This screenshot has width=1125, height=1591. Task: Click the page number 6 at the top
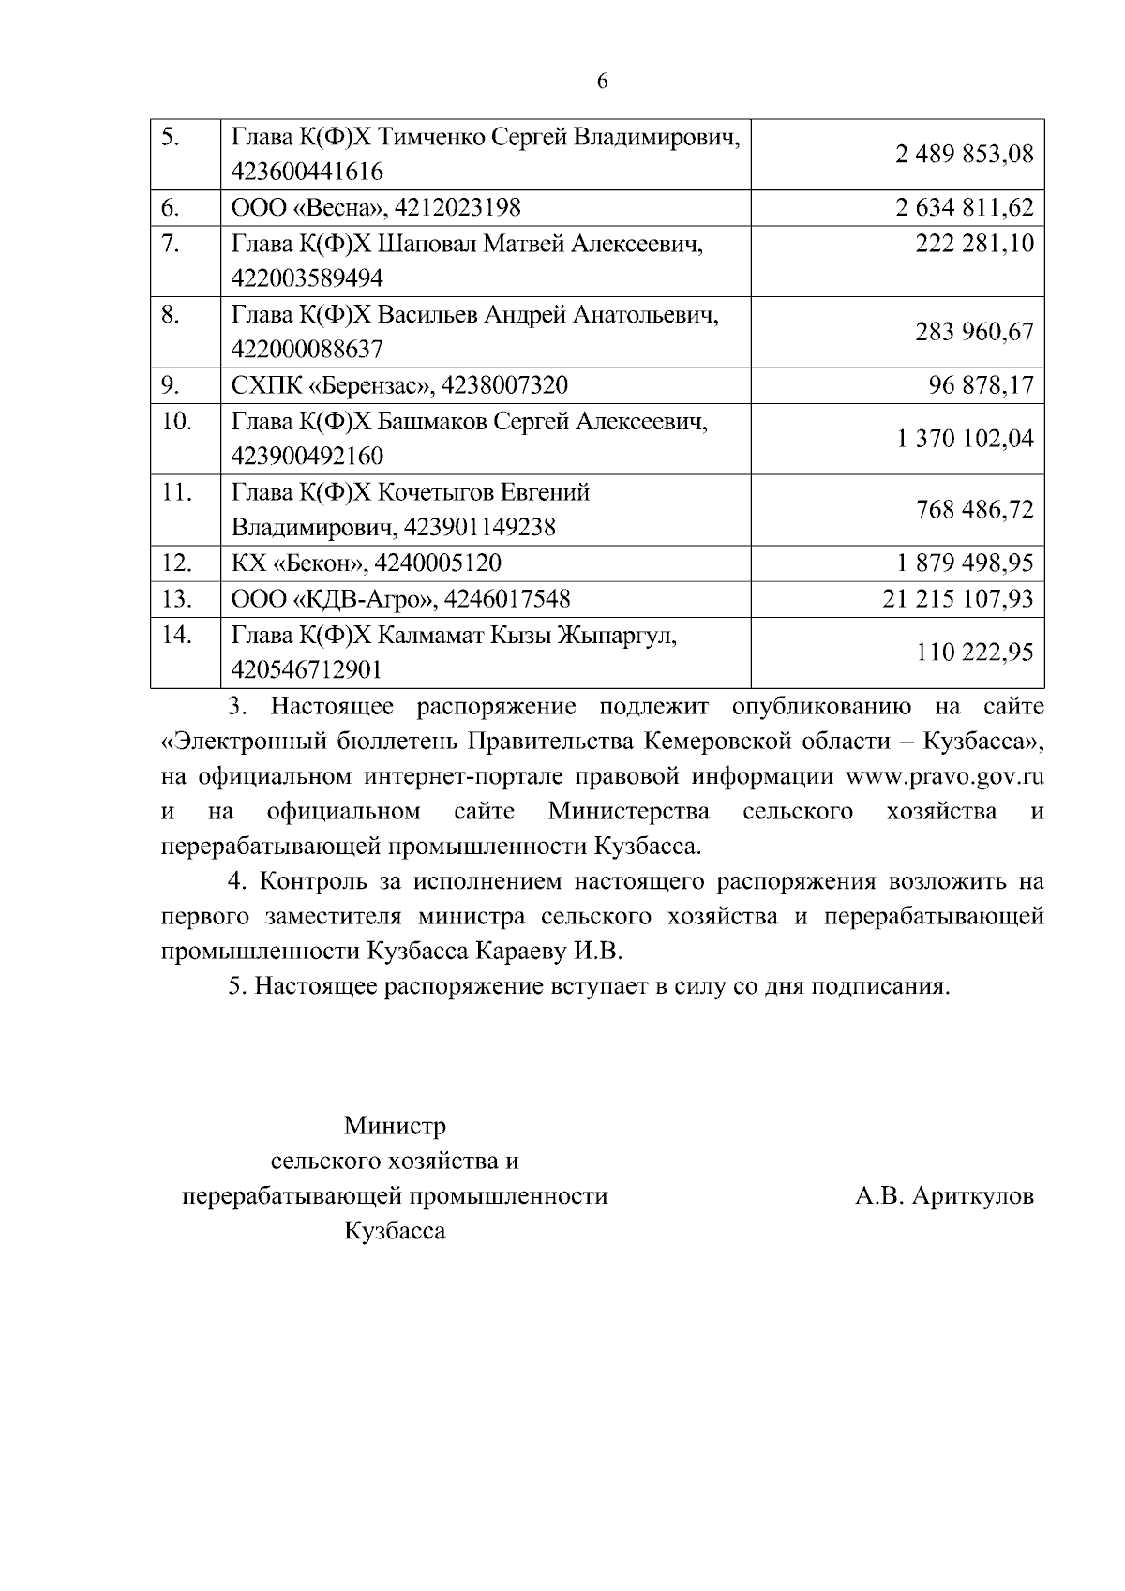(x=602, y=82)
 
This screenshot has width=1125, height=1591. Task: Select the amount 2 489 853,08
(x=965, y=154)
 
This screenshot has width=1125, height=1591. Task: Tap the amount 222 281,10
(x=975, y=244)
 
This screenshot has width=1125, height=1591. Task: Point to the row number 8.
(x=171, y=314)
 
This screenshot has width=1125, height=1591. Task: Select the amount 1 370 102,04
(x=965, y=439)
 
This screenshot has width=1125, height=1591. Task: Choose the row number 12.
(x=176, y=563)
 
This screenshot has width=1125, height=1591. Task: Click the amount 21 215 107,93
(x=958, y=599)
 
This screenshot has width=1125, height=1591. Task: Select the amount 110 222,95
(x=975, y=653)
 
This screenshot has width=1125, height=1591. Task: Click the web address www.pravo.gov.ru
(x=945, y=776)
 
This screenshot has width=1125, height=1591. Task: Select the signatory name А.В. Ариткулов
(x=944, y=1196)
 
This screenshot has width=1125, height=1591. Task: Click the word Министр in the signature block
(x=395, y=1125)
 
